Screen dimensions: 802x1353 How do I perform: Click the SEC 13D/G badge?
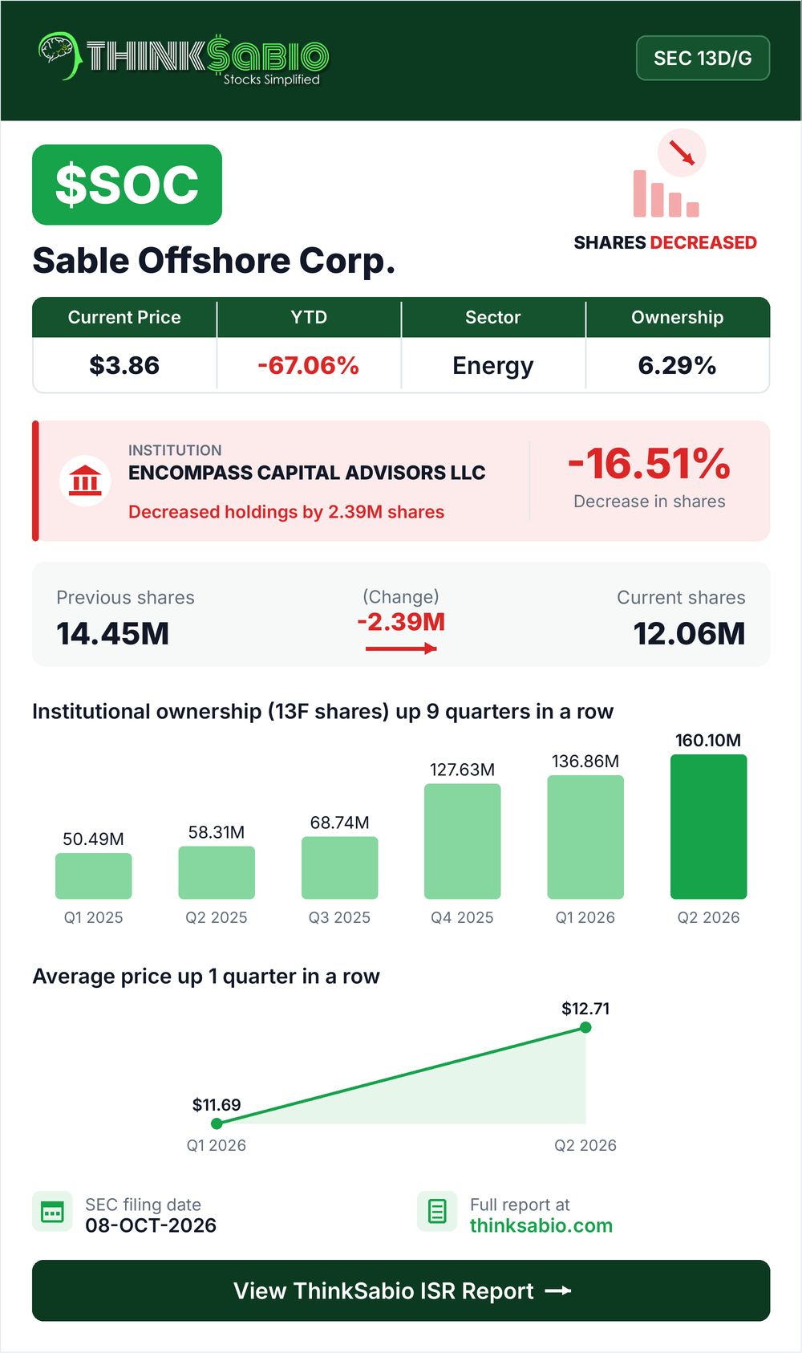click(703, 58)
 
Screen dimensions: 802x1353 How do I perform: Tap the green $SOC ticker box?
click(127, 185)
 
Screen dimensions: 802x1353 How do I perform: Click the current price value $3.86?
click(124, 365)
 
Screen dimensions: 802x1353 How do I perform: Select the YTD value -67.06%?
click(308, 365)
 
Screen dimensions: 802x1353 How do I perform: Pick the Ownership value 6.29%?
click(677, 365)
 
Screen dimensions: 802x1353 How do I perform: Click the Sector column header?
click(493, 317)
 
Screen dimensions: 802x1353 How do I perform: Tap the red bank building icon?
click(85, 481)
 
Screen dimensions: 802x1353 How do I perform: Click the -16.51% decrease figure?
click(650, 464)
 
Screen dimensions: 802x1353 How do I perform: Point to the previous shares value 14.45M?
click(113, 634)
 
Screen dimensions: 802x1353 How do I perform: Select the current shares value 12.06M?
click(689, 634)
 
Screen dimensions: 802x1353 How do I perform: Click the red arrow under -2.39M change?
click(401, 648)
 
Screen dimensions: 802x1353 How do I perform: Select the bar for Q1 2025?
click(94, 876)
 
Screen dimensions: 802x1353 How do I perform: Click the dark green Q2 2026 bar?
click(708, 827)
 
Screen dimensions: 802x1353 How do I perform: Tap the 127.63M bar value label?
click(462, 770)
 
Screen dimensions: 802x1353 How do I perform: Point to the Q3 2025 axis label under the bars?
click(340, 917)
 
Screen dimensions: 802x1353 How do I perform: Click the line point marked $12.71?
click(585, 1027)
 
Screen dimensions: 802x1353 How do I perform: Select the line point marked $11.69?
click(217, 1123)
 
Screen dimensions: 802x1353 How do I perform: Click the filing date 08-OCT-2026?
click(151, 1225)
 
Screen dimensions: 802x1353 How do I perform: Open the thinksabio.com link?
click(541, 1225)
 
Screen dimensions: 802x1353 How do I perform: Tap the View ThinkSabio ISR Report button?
click(401, 1290)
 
